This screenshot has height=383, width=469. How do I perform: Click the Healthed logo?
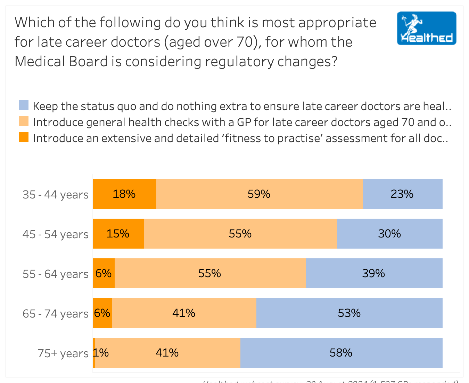point(426,29)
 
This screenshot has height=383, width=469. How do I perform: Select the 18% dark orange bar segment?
point(124,194)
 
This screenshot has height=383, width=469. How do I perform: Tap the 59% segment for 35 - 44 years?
point(259,194)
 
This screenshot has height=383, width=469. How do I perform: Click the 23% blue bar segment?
point(402,194)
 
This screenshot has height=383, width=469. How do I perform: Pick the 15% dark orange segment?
point(118,234)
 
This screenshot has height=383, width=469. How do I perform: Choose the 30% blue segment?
point(389,234)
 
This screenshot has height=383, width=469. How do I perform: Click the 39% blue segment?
point(374,273)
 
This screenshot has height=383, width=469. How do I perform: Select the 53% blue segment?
point(349,313)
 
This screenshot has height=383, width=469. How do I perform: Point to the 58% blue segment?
point(341,353)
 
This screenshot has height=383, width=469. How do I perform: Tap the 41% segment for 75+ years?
point(167,353)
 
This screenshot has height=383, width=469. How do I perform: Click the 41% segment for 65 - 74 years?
point(184,313)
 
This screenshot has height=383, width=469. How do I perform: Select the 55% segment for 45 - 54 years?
point(240,234)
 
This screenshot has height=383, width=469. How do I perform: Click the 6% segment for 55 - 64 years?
point(104,273)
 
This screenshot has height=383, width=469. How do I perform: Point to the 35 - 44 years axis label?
point(56,195)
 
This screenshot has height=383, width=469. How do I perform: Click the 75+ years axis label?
point(63,353)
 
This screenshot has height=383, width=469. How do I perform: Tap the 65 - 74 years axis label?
point(56,314)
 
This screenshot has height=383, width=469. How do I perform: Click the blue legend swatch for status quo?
point(24,105)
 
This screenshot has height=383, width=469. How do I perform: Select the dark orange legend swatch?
point(24,137)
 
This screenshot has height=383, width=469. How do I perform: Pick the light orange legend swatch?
point(24,121)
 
